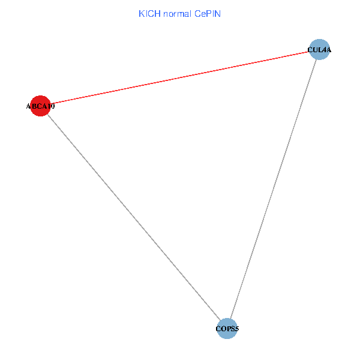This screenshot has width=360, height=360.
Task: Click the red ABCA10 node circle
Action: (40, 106)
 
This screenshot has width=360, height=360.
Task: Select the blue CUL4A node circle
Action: (319, 50)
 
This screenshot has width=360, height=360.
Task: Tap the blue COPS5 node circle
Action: (227, 328)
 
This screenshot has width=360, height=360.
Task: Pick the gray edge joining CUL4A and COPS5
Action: (273, 189)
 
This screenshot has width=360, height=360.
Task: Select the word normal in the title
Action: (177, 13)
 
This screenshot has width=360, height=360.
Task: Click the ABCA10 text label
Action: (40, 107)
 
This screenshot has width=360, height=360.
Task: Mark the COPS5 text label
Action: (227, 329)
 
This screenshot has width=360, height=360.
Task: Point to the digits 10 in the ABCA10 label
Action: (51, 107)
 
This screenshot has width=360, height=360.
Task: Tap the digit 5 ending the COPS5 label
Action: (237, 329)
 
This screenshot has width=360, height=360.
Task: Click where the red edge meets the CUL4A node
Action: (309, 52)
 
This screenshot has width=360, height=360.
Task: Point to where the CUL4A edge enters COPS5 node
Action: (231, 318)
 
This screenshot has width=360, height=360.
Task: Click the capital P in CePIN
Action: (208, 13)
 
